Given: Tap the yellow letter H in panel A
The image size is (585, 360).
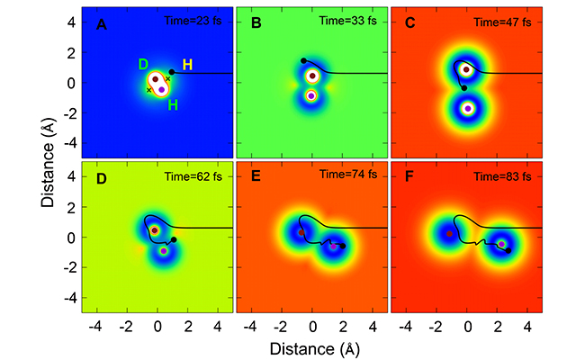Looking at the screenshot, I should point(186,65).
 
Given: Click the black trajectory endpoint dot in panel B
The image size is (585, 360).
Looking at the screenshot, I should point(304,61).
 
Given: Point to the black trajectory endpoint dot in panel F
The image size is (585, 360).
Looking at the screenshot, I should point(508,250).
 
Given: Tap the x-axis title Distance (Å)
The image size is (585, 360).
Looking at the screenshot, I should point(310,346).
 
